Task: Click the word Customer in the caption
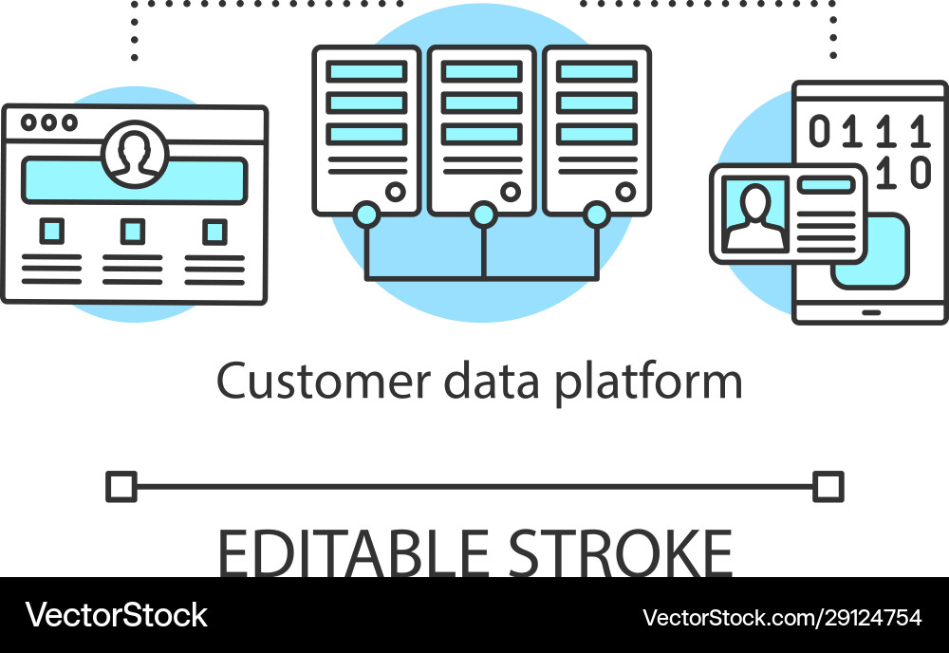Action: click(x=324, y=381)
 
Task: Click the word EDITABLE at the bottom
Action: click(x=353, y=552)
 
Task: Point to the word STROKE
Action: click(x=620, y=552)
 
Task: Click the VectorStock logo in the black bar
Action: click(x=116, y=615)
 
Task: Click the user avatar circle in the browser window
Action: click(x=135, y=154)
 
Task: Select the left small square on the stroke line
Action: click(x=121, y=487)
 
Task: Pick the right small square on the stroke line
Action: click(x=828, y=487)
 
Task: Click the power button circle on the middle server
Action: click(x=511, y=192)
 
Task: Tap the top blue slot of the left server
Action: click(x=366, y=71)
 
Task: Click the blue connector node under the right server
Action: click(x=597, y=215)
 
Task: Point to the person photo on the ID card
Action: click(x=755, y=214)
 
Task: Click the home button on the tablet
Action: click(x=871, y=312)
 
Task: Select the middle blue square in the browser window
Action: click(x=133, y=232)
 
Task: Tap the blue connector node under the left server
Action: click(x=366, y=215)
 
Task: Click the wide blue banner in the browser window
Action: click(x=135, y=180)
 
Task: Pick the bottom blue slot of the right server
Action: click(x=597, y=134)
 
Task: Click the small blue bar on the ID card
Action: click(x=826, y=185)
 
